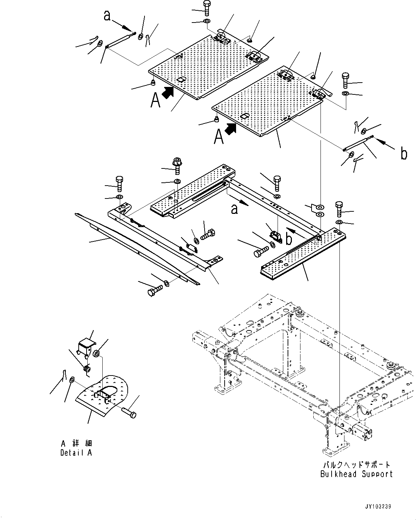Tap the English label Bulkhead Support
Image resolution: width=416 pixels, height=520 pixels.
pyautogui.click(x=356, y=474)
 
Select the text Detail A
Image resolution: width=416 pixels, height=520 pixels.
pyautogui.click(x=76, y=452)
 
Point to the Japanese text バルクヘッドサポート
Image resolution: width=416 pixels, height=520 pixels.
pyautogui.click(x=356, y=465)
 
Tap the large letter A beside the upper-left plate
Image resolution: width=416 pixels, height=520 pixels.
pyautogui.click(x=156, y=100)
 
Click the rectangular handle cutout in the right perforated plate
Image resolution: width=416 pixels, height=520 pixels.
pyautogui.click(x=245, y=116)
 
